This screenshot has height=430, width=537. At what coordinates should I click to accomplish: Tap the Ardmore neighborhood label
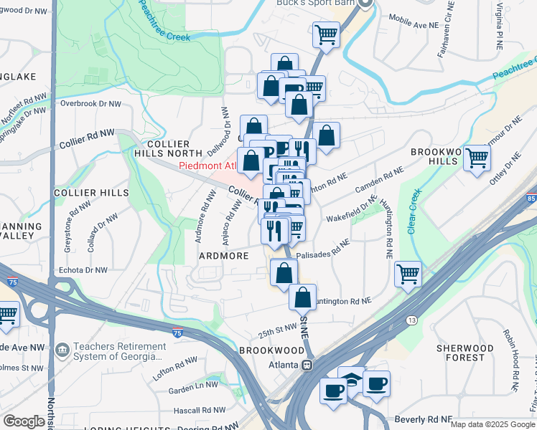225,256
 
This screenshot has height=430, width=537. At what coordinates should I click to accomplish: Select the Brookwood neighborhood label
271,350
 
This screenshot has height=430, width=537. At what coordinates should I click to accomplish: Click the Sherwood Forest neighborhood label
465,353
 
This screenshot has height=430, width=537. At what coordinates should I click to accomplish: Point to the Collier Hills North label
167,148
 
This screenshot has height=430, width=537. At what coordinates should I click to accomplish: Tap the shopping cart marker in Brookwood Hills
477,158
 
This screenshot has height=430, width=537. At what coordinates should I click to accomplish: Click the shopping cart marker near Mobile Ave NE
326,34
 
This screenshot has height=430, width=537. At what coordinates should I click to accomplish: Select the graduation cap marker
352,378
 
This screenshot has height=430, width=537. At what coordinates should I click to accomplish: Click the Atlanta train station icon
307,364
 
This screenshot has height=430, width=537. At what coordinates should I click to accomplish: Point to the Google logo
23,421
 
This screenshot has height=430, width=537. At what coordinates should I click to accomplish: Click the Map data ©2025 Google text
492,424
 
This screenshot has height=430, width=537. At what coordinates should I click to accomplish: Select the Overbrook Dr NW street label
91,104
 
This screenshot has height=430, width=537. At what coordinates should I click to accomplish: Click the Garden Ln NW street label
192,388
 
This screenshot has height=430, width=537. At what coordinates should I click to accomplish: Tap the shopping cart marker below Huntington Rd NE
408,273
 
